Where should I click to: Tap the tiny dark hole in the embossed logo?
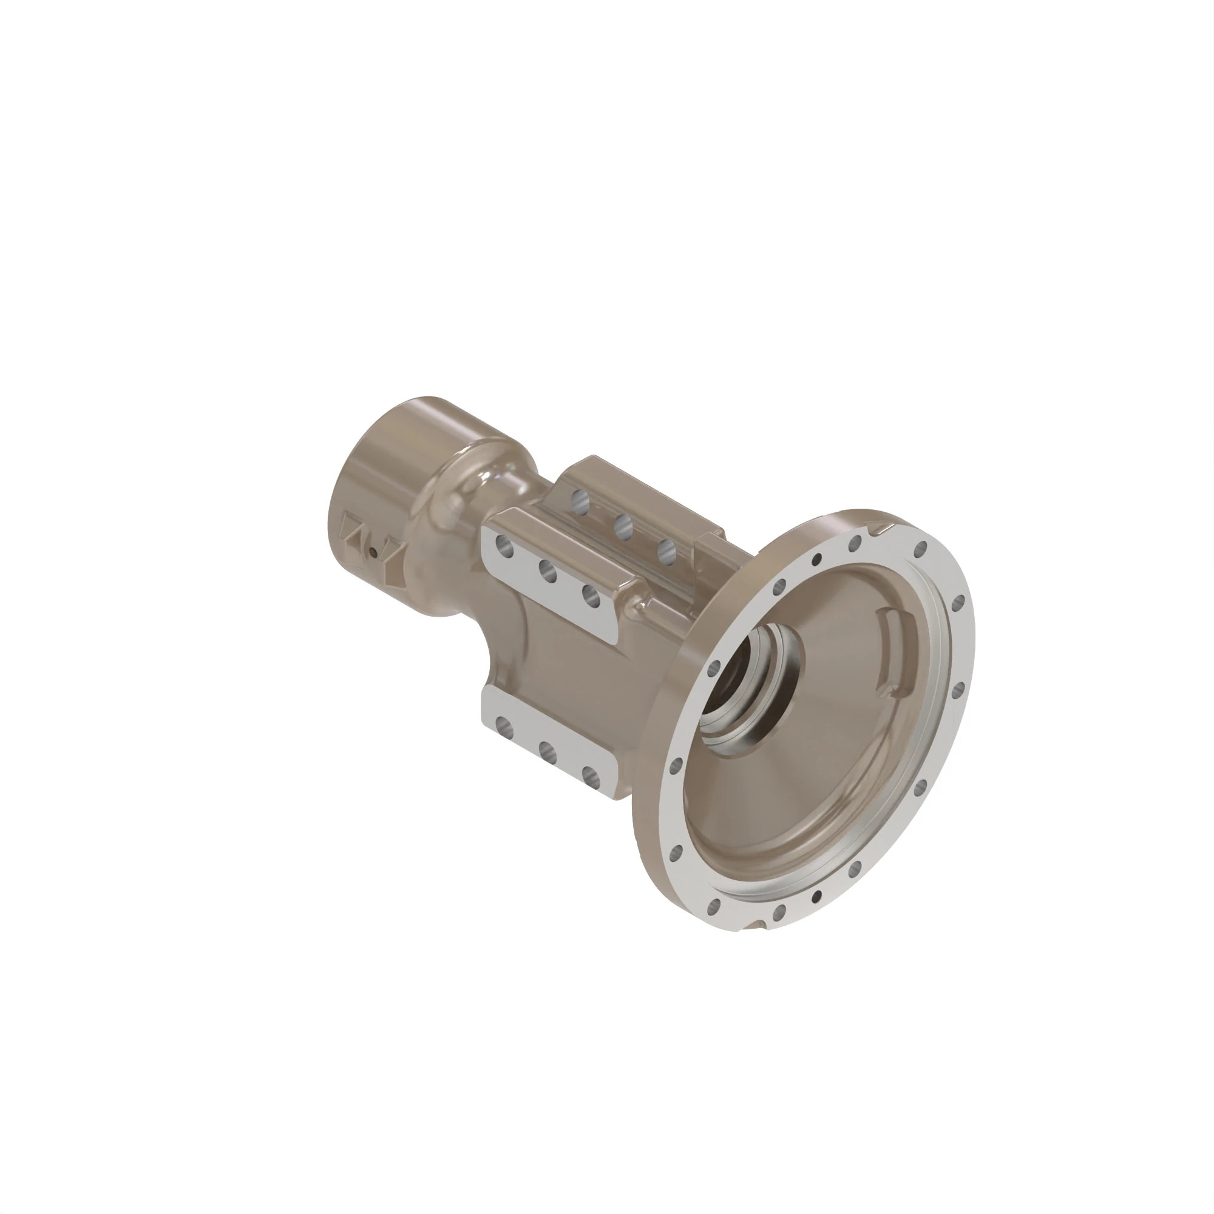373,553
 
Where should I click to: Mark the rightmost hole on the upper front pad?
591,595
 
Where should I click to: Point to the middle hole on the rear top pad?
623,526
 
